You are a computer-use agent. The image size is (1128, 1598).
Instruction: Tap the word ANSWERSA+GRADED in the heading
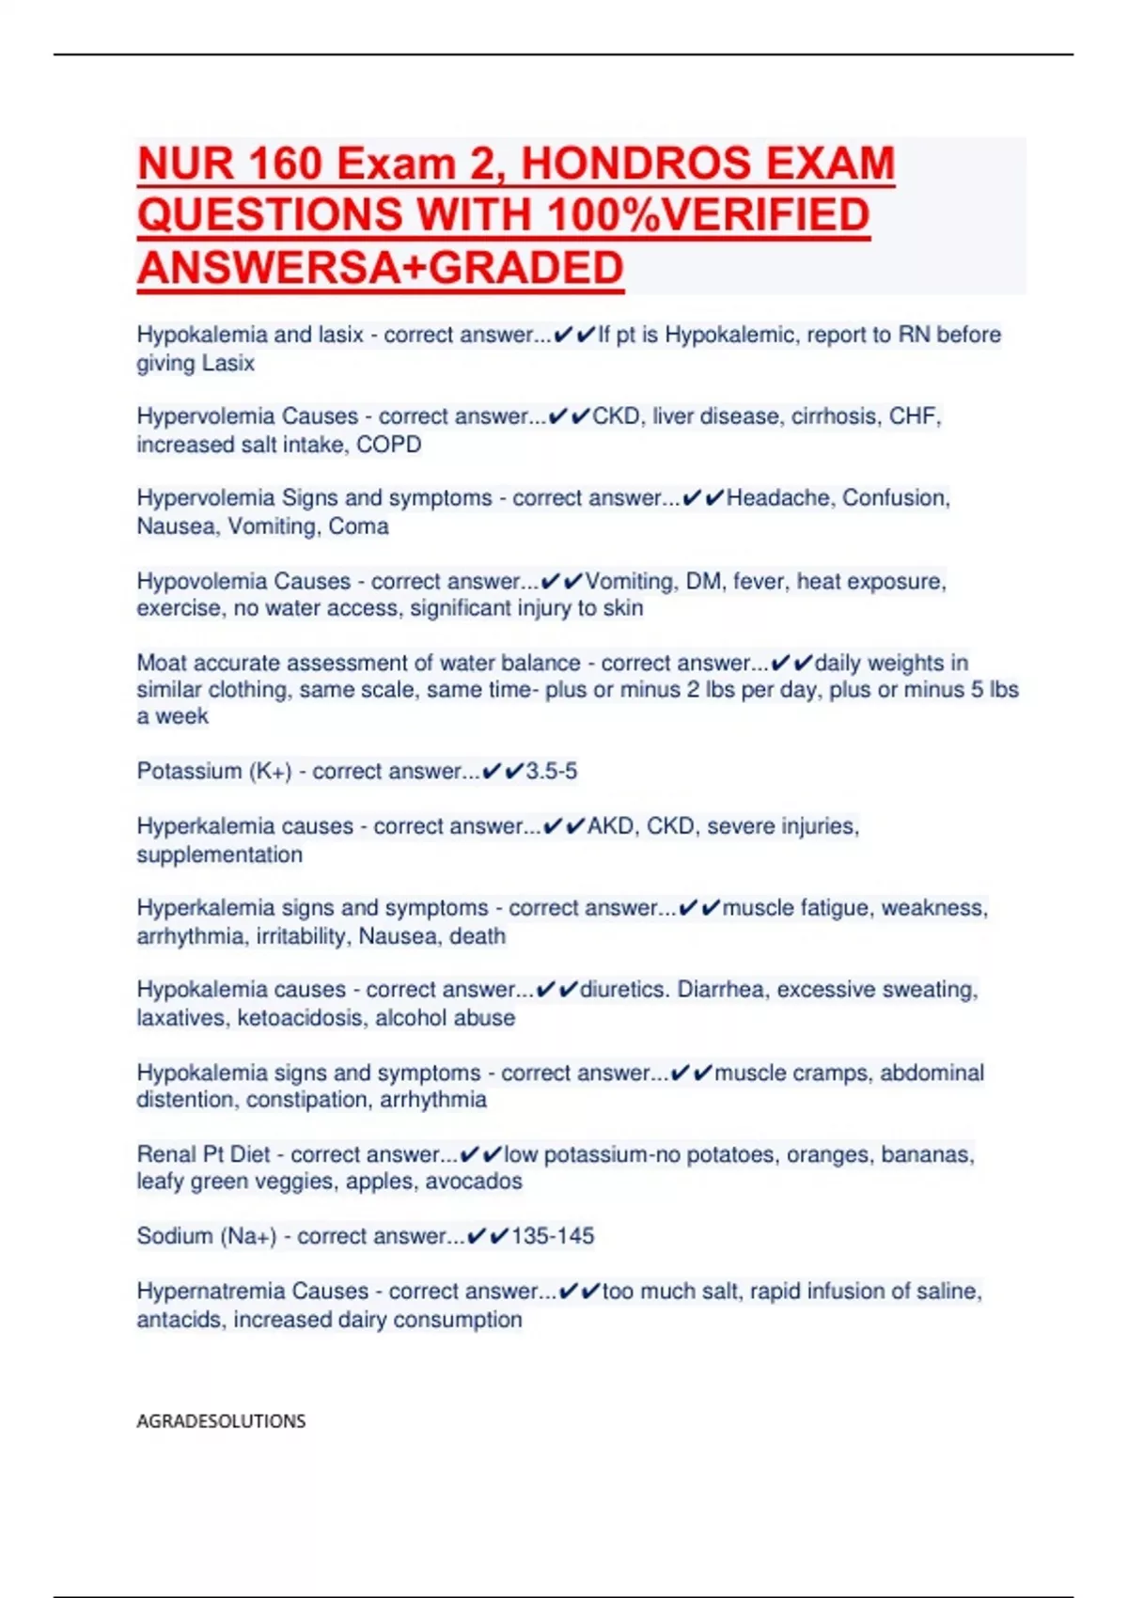(380, 268)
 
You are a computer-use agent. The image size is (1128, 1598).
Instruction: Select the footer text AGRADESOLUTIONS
(221, 1421)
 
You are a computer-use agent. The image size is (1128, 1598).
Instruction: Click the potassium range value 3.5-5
(552, 772)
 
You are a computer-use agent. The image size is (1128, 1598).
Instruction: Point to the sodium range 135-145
(553, 1236)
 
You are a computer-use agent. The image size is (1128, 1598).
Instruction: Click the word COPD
(389, 445)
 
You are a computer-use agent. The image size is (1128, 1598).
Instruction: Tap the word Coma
(358, 526)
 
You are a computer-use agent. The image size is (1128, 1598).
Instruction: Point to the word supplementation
(220, 855)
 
